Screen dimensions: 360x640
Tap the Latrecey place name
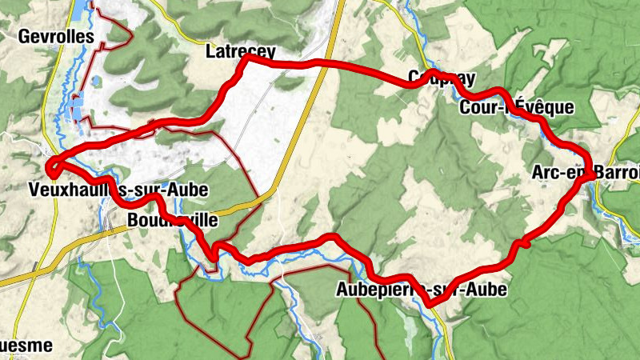[x=240, y=51]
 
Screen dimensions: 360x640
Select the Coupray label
[x=442, y=78]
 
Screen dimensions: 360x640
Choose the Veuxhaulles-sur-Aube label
[x=118, y=190]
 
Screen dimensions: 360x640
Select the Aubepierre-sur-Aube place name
[x=422, y=290]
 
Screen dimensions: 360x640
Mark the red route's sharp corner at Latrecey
[x=246, y=58]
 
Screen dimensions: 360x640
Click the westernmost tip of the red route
[x=49, y=168]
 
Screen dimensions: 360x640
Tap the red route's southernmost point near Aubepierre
[x=432, y=302]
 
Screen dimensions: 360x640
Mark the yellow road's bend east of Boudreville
[x=272, y=190]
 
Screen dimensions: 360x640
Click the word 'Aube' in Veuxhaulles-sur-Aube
[x=190, y=190]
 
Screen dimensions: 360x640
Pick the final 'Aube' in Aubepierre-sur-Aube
[x=488, y=290]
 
